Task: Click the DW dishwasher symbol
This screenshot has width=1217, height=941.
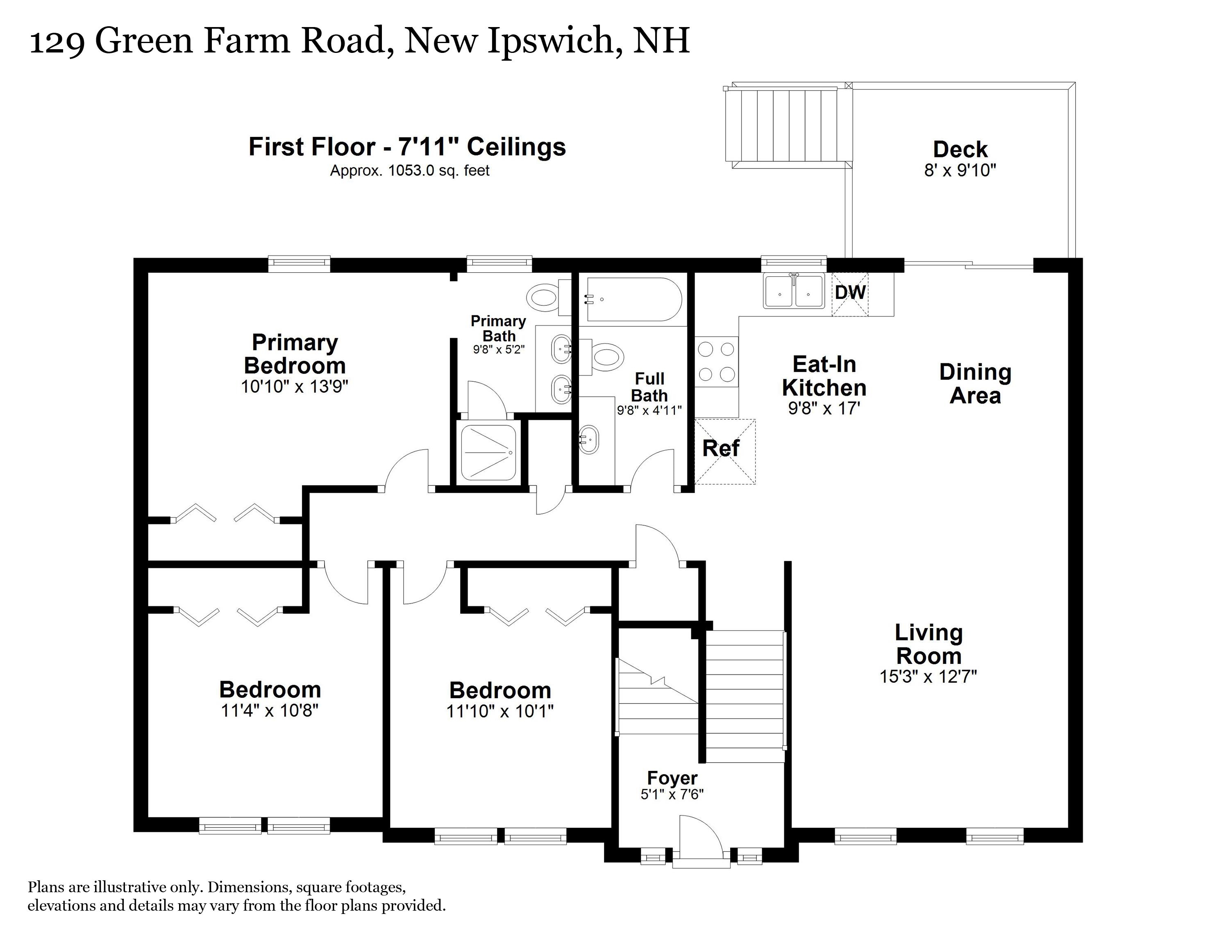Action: [850, 293]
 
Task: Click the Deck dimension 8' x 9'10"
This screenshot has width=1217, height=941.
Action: [960, 171]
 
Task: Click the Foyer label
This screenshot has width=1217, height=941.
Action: [672, 778]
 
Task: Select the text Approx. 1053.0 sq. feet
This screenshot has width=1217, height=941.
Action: [410, 171]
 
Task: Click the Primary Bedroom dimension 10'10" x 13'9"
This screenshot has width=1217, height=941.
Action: [294, 387]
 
